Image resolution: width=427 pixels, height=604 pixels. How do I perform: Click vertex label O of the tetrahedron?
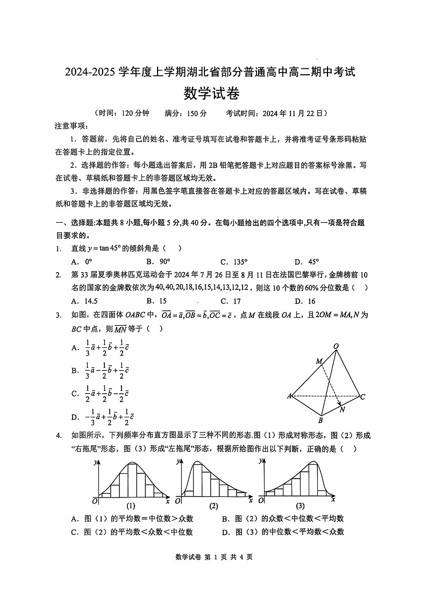coord(336,346)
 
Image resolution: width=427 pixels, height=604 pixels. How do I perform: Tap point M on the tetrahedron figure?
coord(319,361)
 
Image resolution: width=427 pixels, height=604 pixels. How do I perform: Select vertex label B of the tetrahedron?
coord(321,421)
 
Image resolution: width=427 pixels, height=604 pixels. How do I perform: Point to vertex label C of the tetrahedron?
coord(363,397)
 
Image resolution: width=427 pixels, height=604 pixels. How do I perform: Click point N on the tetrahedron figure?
coord(343,409)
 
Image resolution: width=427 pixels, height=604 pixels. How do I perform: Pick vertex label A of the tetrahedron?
coord(289,396)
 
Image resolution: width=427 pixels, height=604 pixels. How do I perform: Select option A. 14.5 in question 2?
coord(84,301)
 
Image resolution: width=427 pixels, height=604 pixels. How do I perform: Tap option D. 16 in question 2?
coord(305,301)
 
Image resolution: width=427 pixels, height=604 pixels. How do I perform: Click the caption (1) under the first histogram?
coord(130,506)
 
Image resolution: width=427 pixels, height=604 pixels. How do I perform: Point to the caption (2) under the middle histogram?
coord(213,506)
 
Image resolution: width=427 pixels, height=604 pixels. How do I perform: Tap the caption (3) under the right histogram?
coord(300,506)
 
